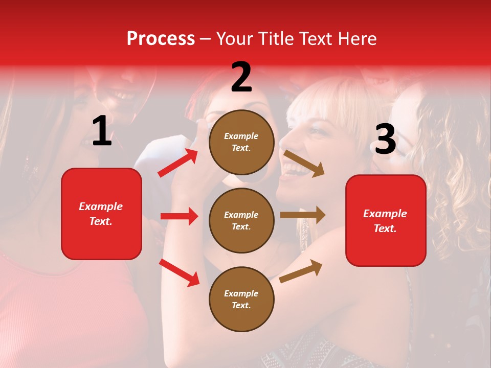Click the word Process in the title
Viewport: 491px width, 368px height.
(161, 39)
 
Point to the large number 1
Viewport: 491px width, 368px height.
(102, 131)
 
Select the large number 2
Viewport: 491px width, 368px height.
(241, 77)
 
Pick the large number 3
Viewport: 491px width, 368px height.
(385, 139)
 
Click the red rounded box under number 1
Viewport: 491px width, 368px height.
(101, 214)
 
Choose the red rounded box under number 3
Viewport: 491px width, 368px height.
(386, 220)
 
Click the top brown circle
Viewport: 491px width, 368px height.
(241, 142)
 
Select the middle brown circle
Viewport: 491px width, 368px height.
(241, 220)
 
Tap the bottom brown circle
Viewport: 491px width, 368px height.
(241, 299)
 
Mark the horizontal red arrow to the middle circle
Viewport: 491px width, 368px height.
(179, 216)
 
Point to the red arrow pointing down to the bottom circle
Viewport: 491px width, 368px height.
(179, 272)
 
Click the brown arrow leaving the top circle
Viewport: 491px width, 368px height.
(304, 163)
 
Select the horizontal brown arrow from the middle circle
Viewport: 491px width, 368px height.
(303, 215)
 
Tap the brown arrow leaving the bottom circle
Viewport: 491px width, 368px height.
(301, 271)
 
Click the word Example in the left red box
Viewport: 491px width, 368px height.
(101, 206)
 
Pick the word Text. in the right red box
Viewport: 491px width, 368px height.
(385, 228)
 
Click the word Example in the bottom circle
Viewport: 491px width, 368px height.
(241, 293)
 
